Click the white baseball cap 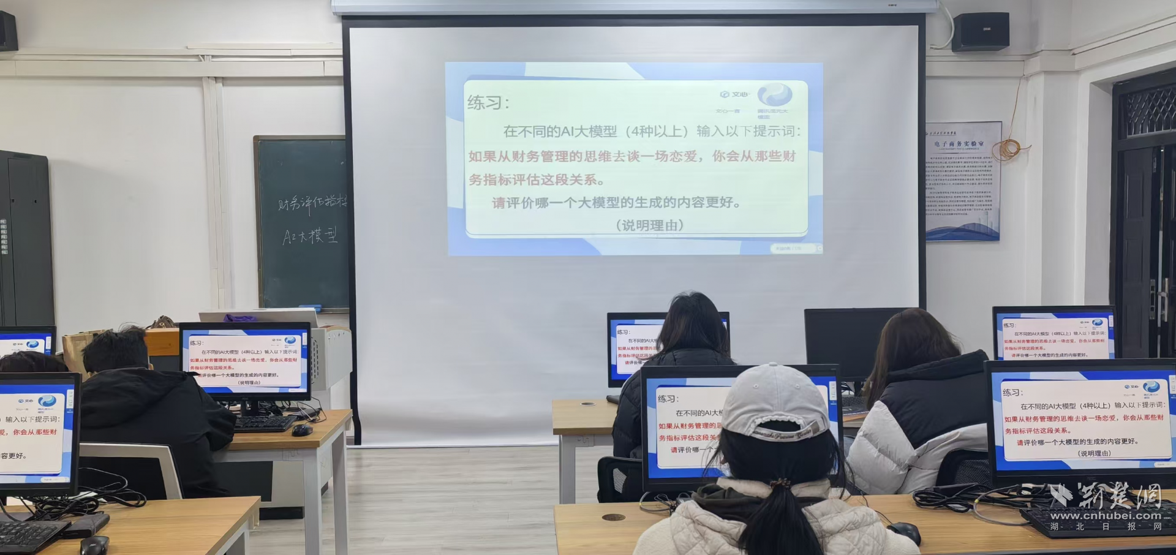tap(775, 401)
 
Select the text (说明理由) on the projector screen tap(649, 225)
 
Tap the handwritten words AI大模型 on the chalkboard tap(309, 236)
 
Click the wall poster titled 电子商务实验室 tap(962, 180)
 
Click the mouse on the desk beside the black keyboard tap(302, 430)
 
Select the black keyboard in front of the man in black tap(265, 423)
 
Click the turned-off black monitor tap(848, 343)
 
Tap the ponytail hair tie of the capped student tap(779, 485)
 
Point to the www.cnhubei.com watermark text tap(1106, 516)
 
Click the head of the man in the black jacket tap(116, 350)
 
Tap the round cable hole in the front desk tap(613, 517)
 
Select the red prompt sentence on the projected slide tap(631, 167)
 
